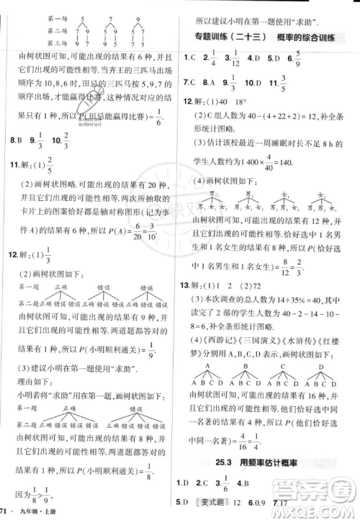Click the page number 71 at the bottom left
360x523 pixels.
point(7,512)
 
